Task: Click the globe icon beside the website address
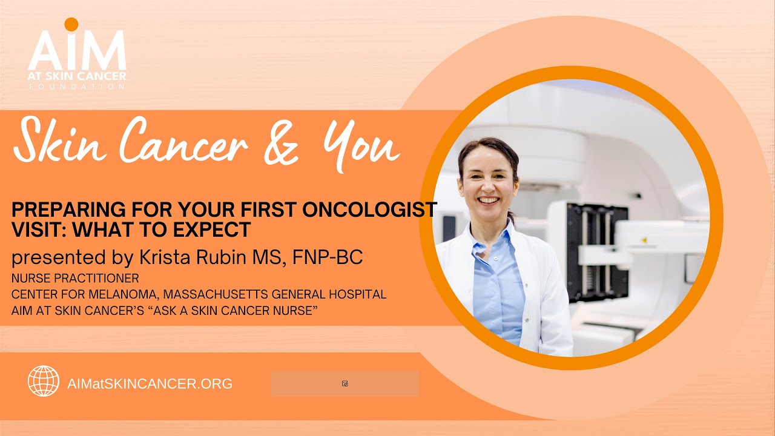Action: coord(44,381)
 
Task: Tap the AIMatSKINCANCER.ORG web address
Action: coord(150,383)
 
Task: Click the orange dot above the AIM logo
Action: coord(71,24)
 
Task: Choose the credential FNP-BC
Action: coord(327,257)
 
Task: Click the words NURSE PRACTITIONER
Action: coord(75,279)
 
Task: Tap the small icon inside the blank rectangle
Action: coord(345,383)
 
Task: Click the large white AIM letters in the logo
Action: coord(77,51)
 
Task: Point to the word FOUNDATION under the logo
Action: coord(77,87)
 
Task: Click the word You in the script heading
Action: coord(361,145)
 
